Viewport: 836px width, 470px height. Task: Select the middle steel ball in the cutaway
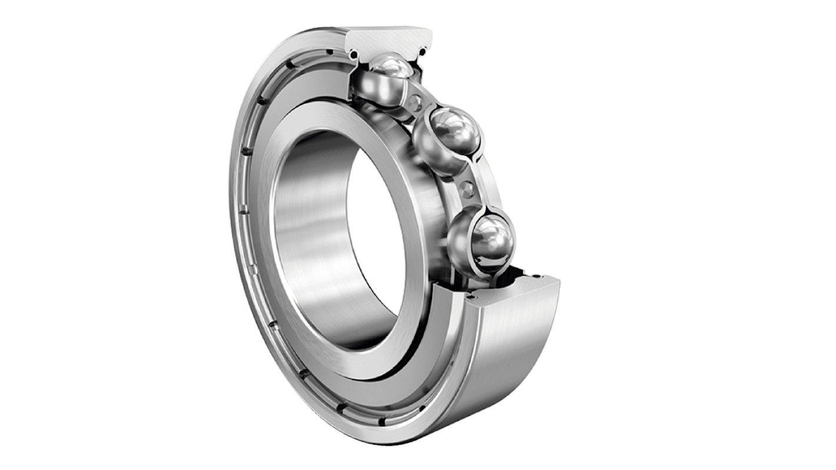click(450, 135)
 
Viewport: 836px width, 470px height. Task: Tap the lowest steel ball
click(488, 239)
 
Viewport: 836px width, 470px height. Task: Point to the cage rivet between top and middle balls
click(417, 103)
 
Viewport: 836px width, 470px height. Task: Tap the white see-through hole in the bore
click(377, 236)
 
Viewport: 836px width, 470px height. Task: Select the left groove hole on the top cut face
click(353, 55)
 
